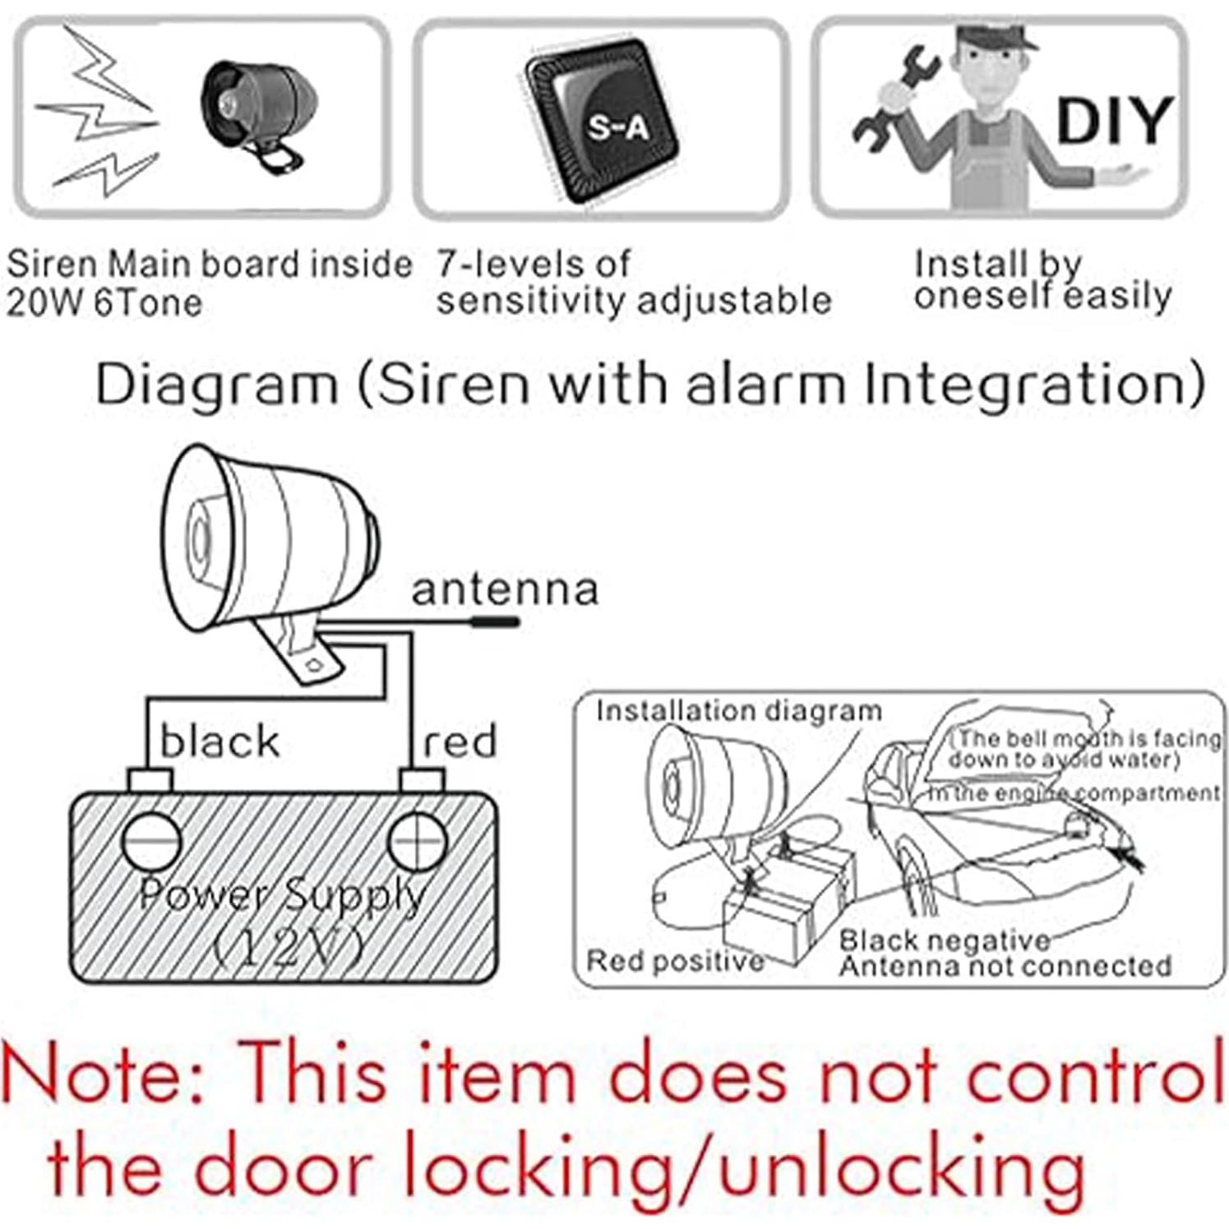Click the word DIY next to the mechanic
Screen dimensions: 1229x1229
click(x=1114, y=121)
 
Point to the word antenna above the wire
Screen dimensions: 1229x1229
click(x=505, y=589)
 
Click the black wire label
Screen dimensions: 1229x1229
click(x=219, y=742)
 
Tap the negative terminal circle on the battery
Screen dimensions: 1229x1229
click(x=151, y=841)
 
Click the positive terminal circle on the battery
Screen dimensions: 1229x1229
click(x=418, y=841)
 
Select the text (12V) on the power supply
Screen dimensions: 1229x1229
click(x=288, y=948)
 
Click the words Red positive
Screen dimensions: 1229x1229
click(x=675, y=960)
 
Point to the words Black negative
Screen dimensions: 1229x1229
click(x=945, y=940)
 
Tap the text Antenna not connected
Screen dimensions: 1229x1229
click(x=1005, y=966)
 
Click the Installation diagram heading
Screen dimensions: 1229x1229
click(x=738, y=711)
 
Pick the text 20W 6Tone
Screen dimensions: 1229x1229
click(x=104, y=303)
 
